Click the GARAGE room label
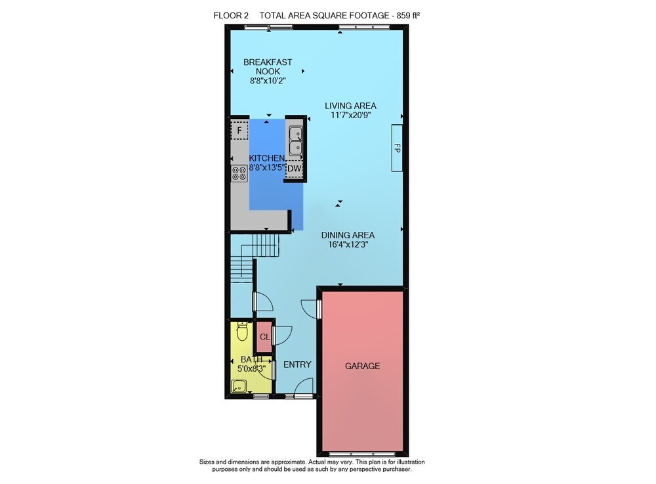coord(362,366)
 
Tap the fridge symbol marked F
coord(239,131)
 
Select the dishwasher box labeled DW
coord(295,169)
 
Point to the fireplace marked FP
coord(397,148)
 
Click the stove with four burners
coord(239,174)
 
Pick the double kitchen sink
coord(295,141)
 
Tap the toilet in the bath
coord(242,331)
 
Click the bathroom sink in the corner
coord(239,386)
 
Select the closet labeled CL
coord(264,337)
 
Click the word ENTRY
coord(297,364)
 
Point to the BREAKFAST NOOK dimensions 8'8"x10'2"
coord(268,81)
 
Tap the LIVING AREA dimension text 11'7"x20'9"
coord(350,115)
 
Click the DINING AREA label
coord(348,235)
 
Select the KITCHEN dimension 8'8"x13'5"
coord(267,167)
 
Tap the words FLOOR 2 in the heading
coord(231,16)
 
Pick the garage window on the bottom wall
coord(362,454)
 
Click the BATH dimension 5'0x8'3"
coord(251,369)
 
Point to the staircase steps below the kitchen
coord(255,255)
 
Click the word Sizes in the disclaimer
coord(207,462)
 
